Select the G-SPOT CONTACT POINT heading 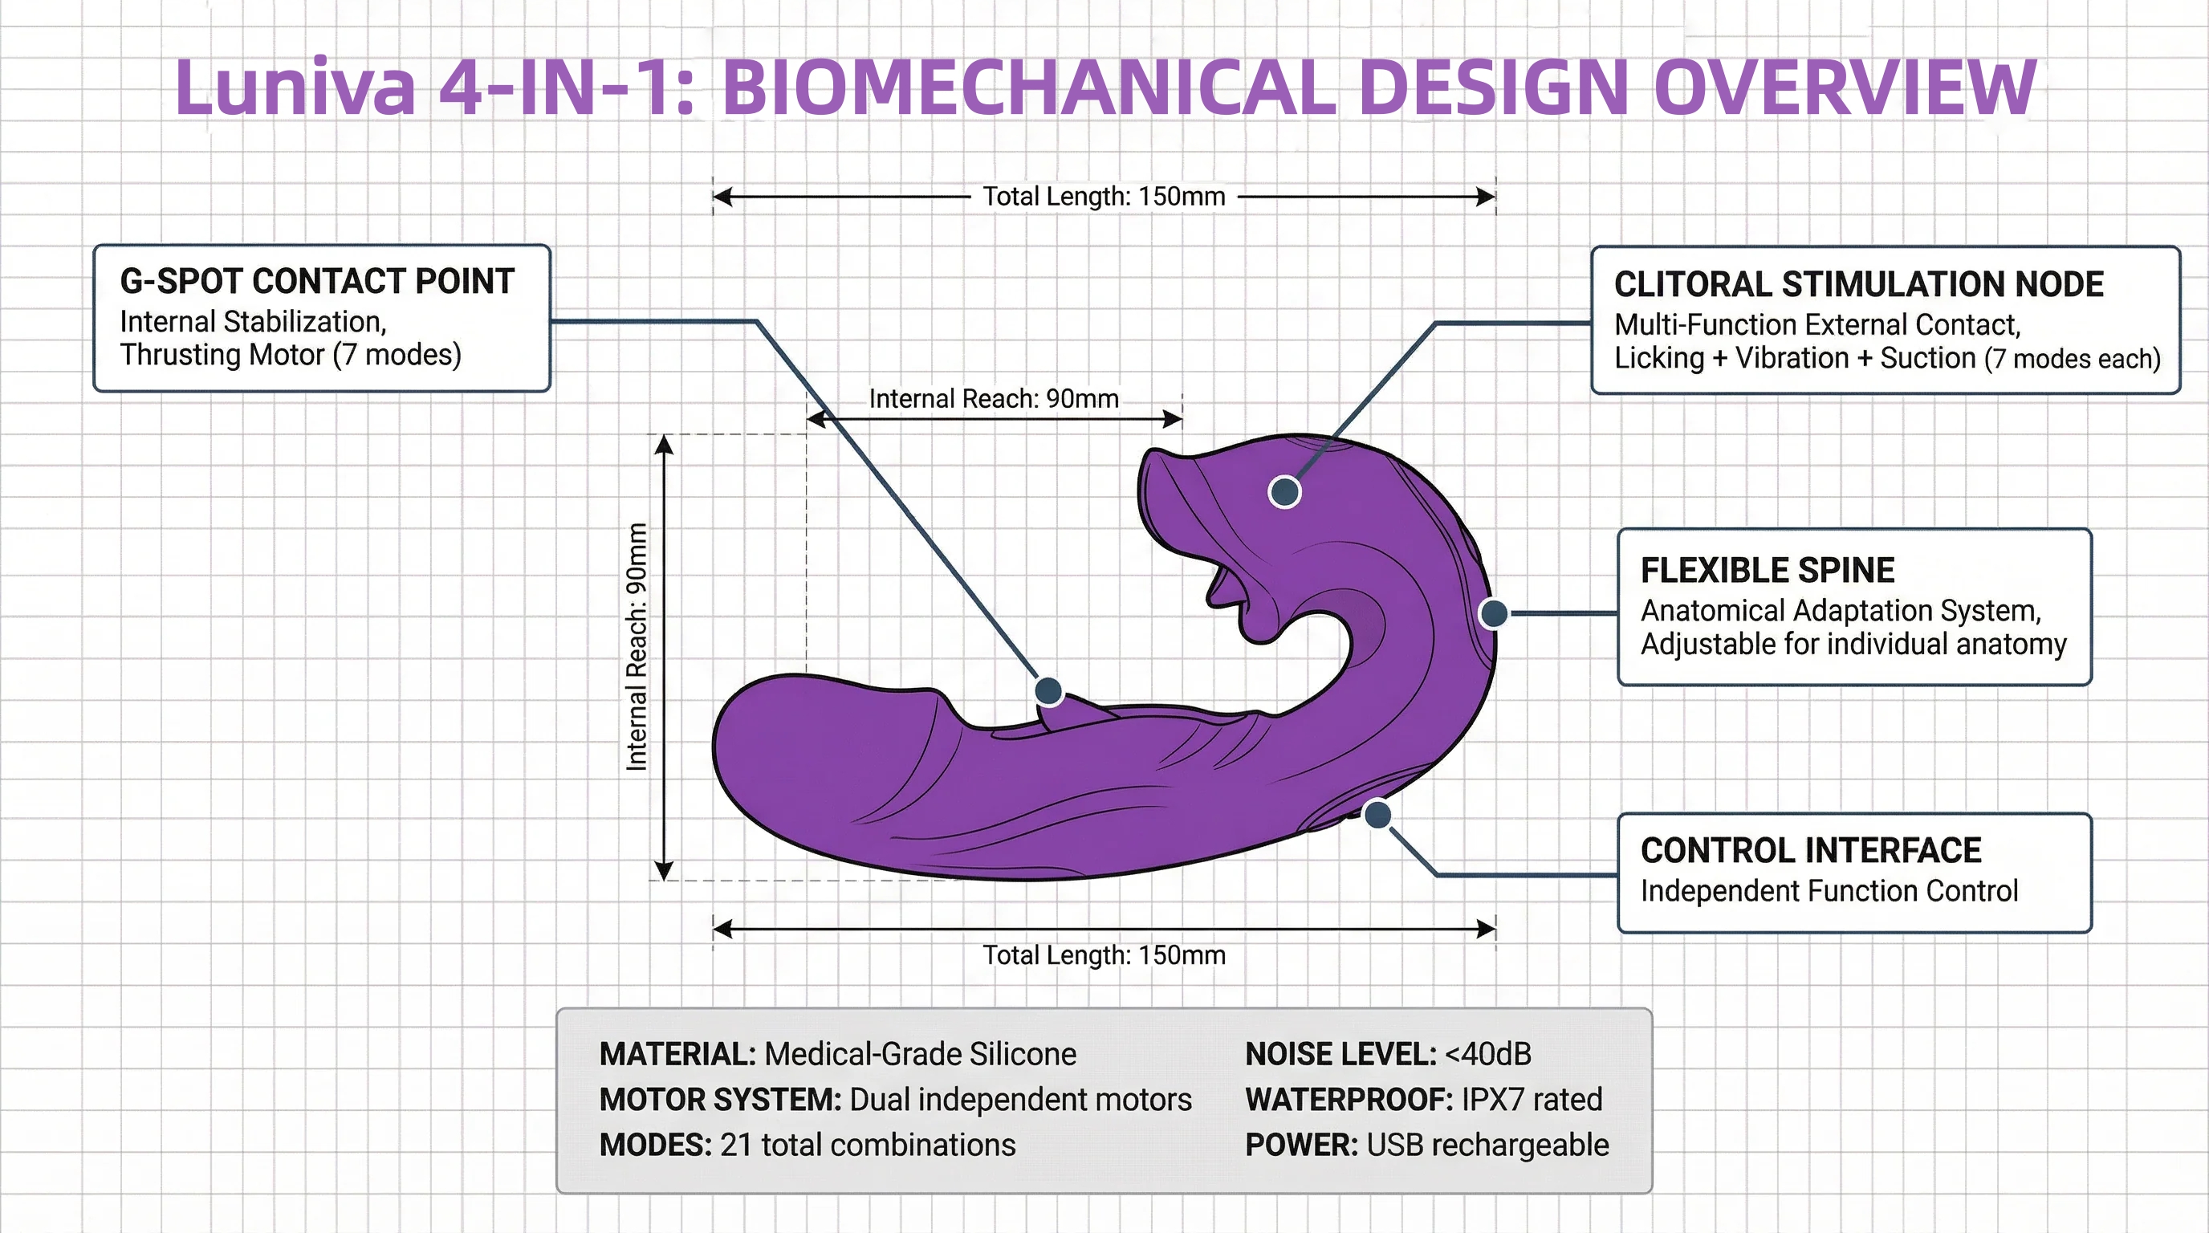pos(317,281)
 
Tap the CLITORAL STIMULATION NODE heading pos(1858,284)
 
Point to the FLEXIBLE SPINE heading pos(1768,570)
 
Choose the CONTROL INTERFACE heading pos(1810,851)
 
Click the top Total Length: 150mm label pos(1104,197)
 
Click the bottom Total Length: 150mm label pos(1104,955)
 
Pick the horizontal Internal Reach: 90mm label pos(994,399)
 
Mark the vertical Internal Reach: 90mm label pos(637,647)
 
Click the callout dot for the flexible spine pos(1494,613)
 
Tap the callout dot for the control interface pos(1377,815)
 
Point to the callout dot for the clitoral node pos(1284,491)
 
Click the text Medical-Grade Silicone pos(920,1054)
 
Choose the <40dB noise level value pos(1488,1054)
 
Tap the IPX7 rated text pos(1532,1099)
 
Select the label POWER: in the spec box pos(1301,1145)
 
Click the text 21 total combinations pos(868,1145)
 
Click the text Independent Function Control pos(1829,891)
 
